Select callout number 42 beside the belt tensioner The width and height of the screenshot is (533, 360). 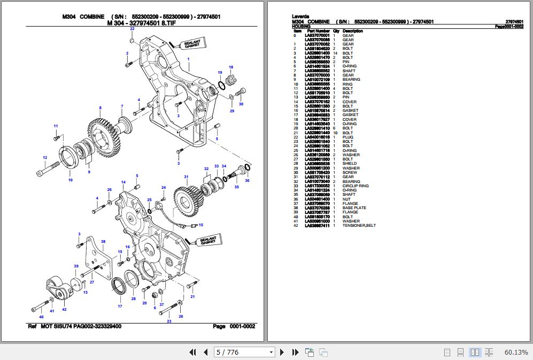[64, 309]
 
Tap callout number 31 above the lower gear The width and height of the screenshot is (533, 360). [186, 177]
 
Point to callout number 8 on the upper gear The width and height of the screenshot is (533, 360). [100, 108]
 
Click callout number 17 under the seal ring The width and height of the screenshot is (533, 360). [120, 307]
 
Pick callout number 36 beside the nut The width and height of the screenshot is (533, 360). [247, 181]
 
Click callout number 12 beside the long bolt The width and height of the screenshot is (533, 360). [45, 157]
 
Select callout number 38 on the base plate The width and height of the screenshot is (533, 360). [103, 241]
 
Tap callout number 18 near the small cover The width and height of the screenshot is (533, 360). [231, 67]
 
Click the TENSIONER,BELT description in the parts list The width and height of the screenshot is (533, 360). [359, 226]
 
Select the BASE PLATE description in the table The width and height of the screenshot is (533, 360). [354, 208]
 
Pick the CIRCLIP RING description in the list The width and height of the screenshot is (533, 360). [356, 186]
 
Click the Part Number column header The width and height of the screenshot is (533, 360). [318, 31]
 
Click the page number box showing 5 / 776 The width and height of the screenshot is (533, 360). [244, 352]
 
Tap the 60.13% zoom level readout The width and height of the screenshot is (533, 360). [516, 352]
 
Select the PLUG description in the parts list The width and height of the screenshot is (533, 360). [348, 137]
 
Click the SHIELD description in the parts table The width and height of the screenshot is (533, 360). [350, 164]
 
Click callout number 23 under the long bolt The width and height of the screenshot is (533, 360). [169, 321]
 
